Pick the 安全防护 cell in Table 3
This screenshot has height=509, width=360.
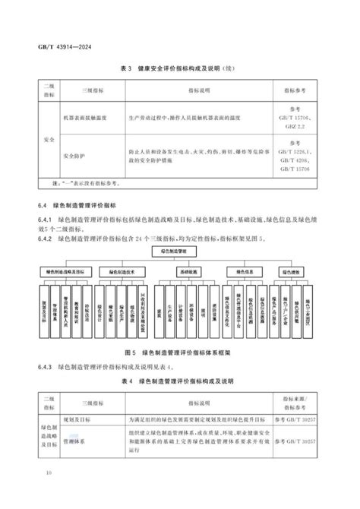(x=81, y=157)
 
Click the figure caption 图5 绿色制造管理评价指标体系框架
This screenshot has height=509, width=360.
(x=181, y=353)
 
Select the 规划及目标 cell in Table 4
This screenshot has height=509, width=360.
(x=84, y=419)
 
